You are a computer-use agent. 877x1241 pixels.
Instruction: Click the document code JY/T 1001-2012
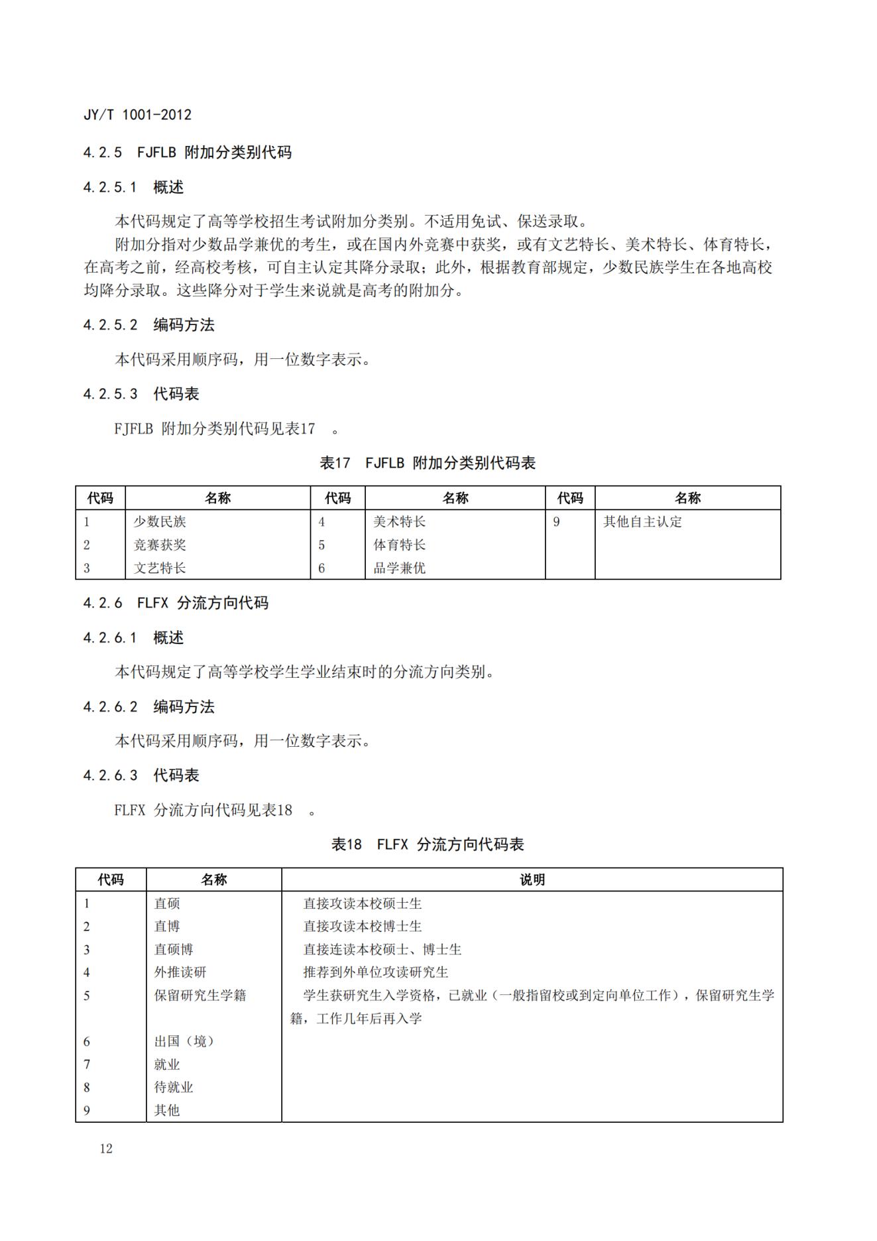137,115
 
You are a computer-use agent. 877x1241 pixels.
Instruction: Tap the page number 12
106,1149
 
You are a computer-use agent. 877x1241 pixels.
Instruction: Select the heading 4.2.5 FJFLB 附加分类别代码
187,153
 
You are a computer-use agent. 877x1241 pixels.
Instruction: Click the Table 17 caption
428,463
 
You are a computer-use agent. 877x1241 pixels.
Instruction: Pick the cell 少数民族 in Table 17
160,522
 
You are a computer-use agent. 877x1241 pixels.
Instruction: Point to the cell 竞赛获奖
160,545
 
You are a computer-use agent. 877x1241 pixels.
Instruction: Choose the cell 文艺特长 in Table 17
160,568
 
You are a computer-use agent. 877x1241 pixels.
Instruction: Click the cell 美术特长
399,522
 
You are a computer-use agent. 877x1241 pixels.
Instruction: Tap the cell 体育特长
399,545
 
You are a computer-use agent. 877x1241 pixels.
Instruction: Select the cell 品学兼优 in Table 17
399,568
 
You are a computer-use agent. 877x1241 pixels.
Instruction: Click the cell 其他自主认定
642,522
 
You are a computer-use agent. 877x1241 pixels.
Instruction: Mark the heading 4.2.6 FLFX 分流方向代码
176,603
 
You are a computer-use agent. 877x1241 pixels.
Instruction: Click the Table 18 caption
428,844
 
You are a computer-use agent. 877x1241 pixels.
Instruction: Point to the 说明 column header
532,880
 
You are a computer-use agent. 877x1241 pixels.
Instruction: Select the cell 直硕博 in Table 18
174,950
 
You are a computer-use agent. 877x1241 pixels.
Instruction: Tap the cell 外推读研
180,972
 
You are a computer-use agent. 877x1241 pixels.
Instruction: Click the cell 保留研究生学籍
200,996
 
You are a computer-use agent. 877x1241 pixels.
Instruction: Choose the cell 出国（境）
184,1041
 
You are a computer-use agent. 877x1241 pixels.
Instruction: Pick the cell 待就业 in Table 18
174,1087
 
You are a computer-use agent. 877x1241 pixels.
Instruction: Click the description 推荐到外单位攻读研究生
376,972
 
